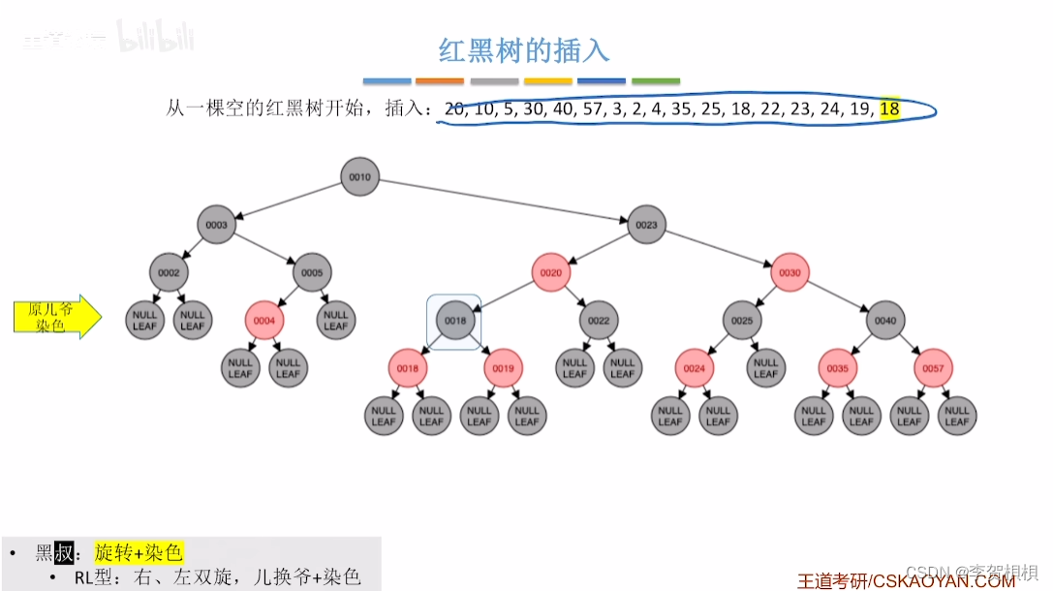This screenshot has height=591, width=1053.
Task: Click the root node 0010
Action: point(359,177)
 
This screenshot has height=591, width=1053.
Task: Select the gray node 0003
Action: point(216,225)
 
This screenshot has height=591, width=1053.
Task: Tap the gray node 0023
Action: point(646,225)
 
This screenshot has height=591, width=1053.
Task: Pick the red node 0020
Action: point(550,273)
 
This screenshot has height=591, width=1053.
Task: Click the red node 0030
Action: point(790,273)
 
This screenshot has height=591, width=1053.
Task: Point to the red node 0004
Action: point(264,321)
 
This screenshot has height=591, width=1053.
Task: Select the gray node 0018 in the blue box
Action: point(454,321)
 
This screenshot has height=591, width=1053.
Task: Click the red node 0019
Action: point(503,368)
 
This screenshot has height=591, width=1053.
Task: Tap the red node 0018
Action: point(408,368)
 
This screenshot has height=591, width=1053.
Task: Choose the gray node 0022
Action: point(599,321)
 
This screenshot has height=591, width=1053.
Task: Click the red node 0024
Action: point(695,368)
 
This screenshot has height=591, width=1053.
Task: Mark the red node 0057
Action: point(933,368)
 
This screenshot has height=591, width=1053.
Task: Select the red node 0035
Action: point(838,368)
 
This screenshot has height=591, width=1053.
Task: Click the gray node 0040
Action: point(885,321)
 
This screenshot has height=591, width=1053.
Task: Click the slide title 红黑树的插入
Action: point(524,50)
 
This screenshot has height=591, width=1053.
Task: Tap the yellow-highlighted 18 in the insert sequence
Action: point(889,109)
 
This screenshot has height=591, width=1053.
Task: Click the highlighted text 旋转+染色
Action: point(139,553)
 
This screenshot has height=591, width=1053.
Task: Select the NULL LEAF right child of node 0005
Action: point(335,321)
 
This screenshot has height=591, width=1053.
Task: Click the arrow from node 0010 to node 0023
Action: point(503,202)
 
